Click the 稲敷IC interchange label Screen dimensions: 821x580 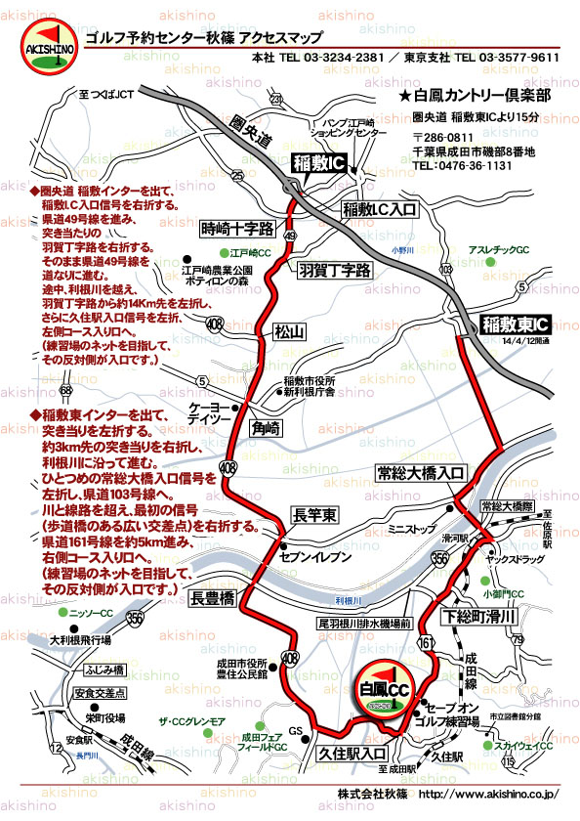tap(318, 162)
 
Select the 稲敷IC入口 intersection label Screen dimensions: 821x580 tap(380, 209)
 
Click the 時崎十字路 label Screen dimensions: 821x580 tap(232, 229)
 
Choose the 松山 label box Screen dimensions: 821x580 tap(291, 332)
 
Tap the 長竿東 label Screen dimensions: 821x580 tap(315, 514)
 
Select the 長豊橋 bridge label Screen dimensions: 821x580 tap(214, 598)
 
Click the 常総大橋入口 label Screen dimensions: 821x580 tap(421, 473)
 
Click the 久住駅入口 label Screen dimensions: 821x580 tap(352, 754)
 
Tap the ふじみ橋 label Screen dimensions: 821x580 tap(104, 670)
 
